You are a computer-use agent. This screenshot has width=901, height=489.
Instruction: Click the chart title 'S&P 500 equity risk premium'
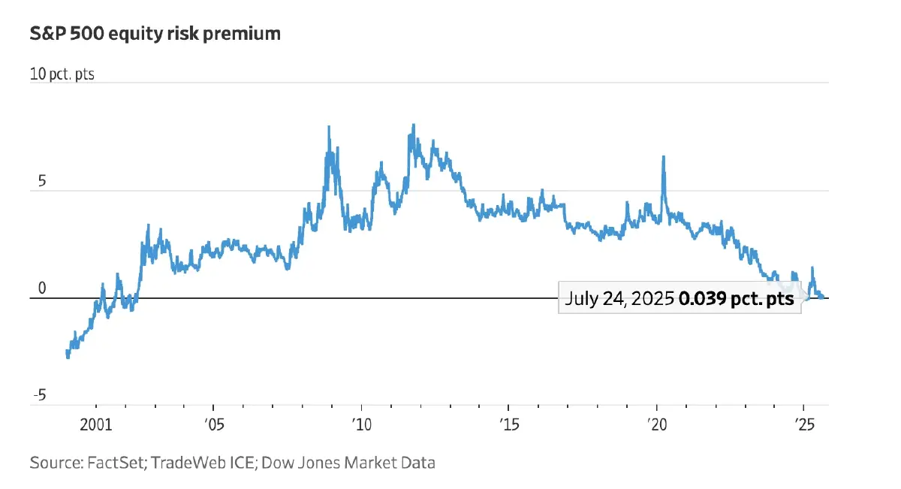pyautogui.click(x=154, y=34)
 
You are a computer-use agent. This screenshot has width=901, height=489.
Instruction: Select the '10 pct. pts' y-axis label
pyautogui.click(x=62, y=75)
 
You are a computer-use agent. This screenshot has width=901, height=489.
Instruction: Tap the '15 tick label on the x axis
pyautogui.click(x=508, y=424)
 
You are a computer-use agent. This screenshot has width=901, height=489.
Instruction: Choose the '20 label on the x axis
pyautogui.click(x=655, y=424)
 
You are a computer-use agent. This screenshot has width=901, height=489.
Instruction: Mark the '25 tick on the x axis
pyautogui.click(x=803, y=424)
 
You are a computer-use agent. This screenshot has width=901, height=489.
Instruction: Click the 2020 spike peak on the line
pyautogui.click(x=664, y=157)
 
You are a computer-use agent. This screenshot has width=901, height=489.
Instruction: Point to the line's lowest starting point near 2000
pyautogui.click(x=68, y=357)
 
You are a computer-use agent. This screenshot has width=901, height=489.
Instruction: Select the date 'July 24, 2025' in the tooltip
pyautogui.click(x=619, y=298)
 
